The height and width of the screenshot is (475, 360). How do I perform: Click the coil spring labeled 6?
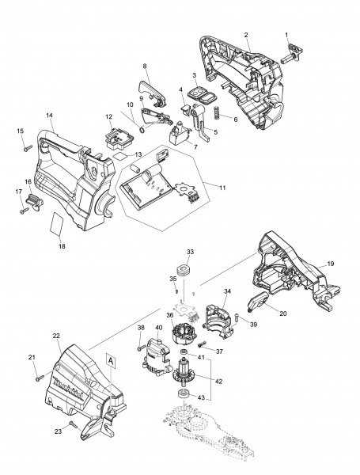tap(217, 112)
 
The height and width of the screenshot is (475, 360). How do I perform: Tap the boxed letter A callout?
tap(111, 361)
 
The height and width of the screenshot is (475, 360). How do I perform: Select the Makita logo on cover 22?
tap(71, 387)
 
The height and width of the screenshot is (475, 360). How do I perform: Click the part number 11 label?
tap(222, 188)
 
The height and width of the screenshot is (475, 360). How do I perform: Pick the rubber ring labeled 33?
tap(183, 270)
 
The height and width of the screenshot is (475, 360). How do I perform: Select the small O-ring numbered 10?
tap(142, 130)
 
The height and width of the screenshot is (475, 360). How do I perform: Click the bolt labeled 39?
tap(237, 318)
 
